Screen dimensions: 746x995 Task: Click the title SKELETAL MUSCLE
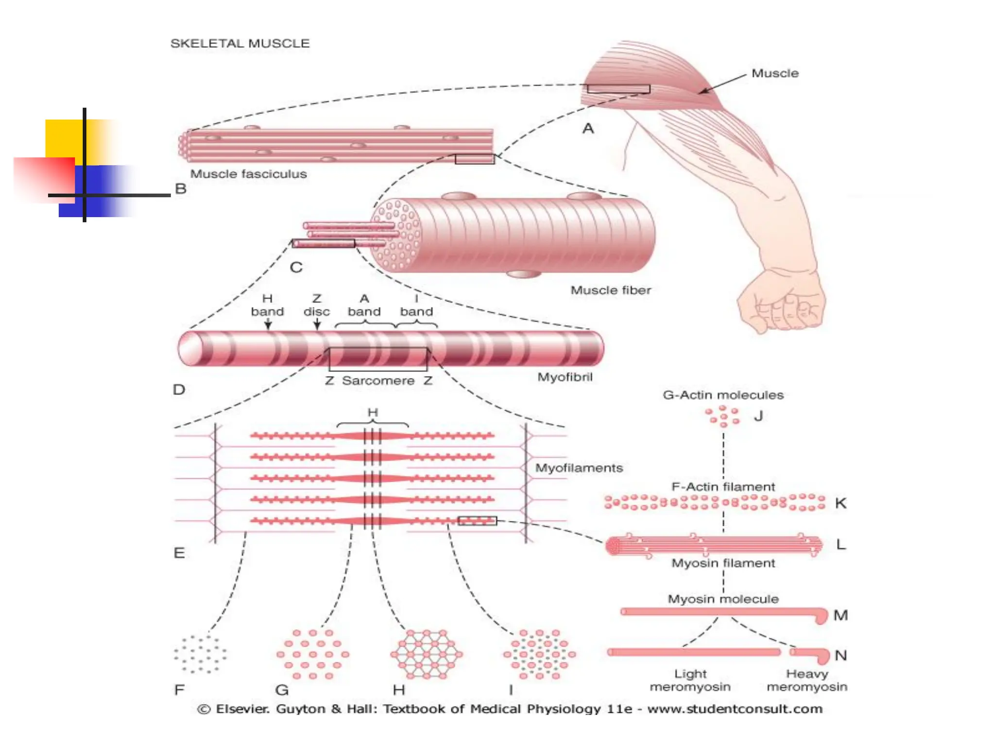click(240, 44)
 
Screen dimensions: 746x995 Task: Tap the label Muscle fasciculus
click(248, 174)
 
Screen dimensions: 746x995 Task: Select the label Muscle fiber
click(610, 290)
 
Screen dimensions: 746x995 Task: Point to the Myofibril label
click(565, 377)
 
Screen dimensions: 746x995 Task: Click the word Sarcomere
click(378, 381)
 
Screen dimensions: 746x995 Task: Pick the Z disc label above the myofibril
click(316, 305)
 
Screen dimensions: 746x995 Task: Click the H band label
click(267, 305)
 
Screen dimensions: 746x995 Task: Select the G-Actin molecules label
click(723, 395)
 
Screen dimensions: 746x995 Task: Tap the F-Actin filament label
click(723, 487)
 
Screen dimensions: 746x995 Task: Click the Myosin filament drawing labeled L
click(714, 545)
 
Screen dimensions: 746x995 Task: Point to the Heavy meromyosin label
click(806, 680)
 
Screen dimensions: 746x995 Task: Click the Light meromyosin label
click(690, 680)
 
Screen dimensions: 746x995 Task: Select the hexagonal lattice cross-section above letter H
click(427, 654)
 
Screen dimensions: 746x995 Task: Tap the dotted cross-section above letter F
click(200, 654)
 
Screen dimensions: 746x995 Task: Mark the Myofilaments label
click(579, 468)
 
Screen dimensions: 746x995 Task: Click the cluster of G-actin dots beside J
click(723, 417)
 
